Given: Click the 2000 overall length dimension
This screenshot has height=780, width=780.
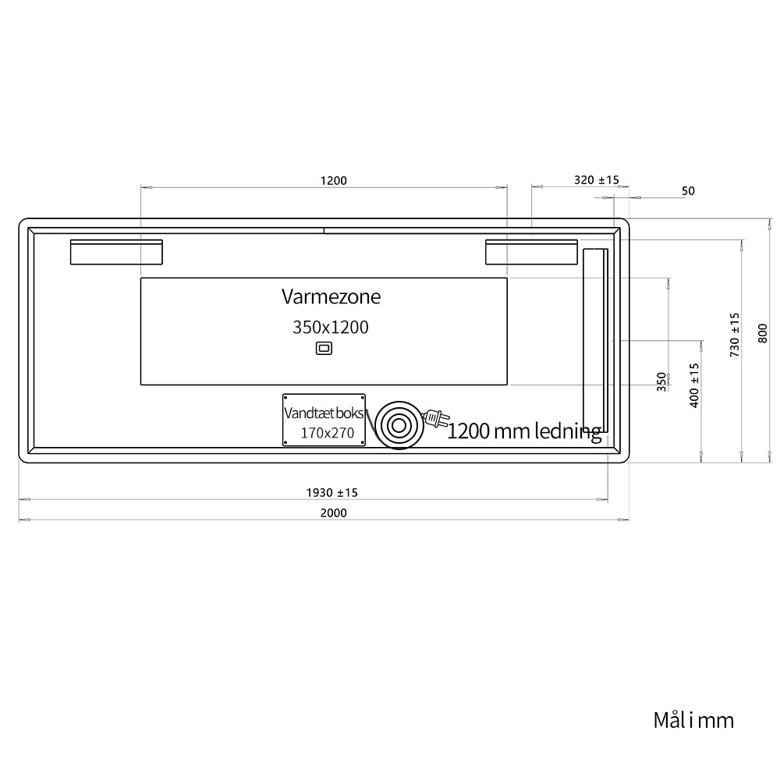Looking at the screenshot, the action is coord(333,513).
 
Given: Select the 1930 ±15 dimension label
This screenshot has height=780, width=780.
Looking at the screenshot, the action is coord(331,492).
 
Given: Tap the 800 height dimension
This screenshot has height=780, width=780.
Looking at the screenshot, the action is coord(763,333).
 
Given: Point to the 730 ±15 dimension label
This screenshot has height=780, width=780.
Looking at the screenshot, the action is coord(735,335).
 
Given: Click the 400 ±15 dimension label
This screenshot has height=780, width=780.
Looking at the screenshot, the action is coord(694,385).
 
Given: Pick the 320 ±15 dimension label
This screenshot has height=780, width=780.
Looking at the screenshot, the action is coord(597,180).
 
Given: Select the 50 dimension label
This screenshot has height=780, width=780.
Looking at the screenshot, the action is coord(688,191).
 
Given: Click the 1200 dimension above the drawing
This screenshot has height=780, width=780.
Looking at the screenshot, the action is coord(333,181).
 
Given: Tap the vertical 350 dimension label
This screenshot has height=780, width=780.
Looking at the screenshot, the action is coord(661,382).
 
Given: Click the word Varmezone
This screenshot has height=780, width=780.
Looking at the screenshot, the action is coord(331,296).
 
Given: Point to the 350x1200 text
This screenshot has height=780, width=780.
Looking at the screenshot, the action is coord(330,328).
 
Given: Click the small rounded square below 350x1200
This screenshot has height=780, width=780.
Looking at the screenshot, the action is coord(324,348).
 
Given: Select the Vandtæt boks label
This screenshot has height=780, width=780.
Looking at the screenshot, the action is coord(324,413).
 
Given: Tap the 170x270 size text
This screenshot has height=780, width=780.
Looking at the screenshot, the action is coord(328,433).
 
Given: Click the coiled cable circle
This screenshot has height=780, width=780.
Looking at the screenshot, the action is coord(399,425).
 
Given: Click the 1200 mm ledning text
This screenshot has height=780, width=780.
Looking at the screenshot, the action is coord(524,431).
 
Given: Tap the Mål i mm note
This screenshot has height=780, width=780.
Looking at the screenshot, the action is coord(693,720).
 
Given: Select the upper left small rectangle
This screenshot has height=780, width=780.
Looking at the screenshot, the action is coord(116,252).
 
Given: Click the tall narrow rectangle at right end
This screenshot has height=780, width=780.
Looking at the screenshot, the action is coord(595,340).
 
